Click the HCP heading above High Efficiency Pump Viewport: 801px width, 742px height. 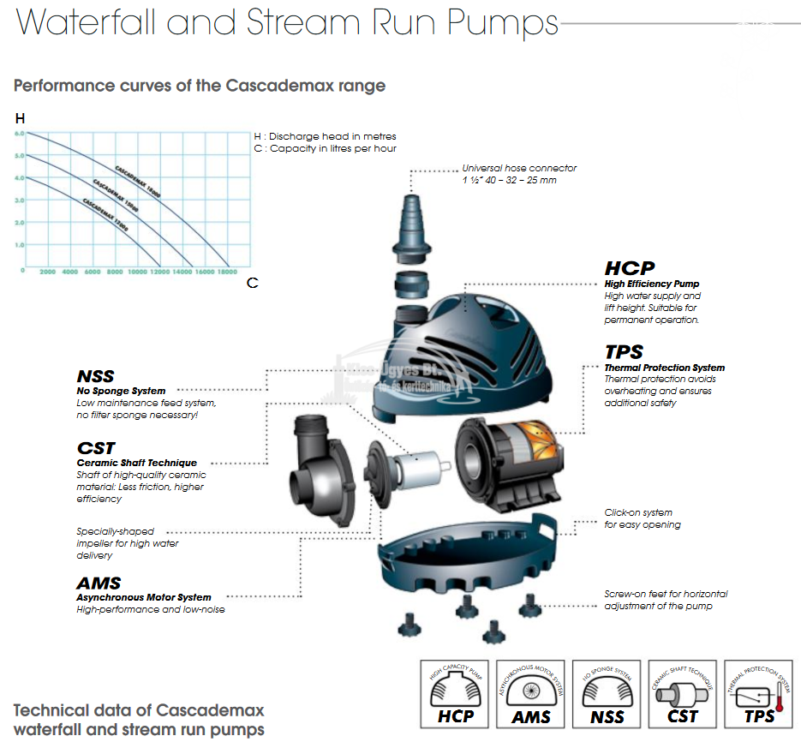click(629, 268)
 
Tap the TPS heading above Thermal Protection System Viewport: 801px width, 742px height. click(623, 352)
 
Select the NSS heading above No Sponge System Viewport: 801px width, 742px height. click(94, 376)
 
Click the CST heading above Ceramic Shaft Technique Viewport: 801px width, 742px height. click(95, 448)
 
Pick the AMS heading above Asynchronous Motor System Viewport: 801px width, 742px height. click(99, 583)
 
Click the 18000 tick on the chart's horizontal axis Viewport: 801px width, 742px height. click(227, 272)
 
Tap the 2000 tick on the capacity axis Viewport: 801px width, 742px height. click(47, 272)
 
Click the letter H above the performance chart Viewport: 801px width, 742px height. click(20, 118)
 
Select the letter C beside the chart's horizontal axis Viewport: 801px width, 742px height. click(252, 282)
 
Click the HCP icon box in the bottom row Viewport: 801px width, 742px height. click(456, 695)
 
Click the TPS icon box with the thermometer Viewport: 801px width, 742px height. click(758, 695)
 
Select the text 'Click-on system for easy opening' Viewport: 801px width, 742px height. click(642, 518)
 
